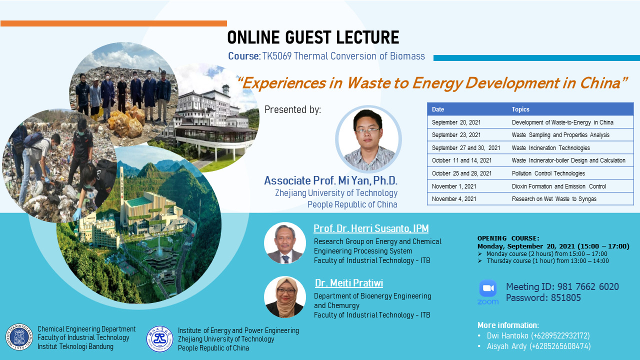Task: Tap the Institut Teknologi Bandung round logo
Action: click(19, 337)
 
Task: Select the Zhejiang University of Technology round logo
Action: click(159, 339)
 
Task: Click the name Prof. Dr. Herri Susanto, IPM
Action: click(371, 228)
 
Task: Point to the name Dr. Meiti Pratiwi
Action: click(349, 283)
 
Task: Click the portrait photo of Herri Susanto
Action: click(285, 243)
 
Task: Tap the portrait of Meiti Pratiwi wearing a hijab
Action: click(285, 297)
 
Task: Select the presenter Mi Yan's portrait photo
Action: click(368, 139)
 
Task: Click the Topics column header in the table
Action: click(520, 109)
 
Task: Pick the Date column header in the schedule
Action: click(438, 109)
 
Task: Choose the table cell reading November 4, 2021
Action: click(454, 199)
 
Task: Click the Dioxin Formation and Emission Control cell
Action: click(559, 186)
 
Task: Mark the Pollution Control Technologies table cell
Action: click(548, 173)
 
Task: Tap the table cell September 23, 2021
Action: click(456, 135)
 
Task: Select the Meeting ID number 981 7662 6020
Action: click(588, 286)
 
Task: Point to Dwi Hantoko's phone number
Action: click(560, 335)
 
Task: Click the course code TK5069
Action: click(277, 56)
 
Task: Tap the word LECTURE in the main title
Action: click(367, 37)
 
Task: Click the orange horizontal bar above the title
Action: click(113, 23)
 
